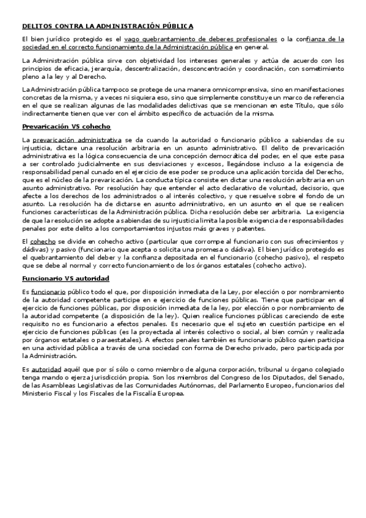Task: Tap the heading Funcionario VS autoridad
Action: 65,278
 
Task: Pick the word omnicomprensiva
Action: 225,89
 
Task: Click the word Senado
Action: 331,378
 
